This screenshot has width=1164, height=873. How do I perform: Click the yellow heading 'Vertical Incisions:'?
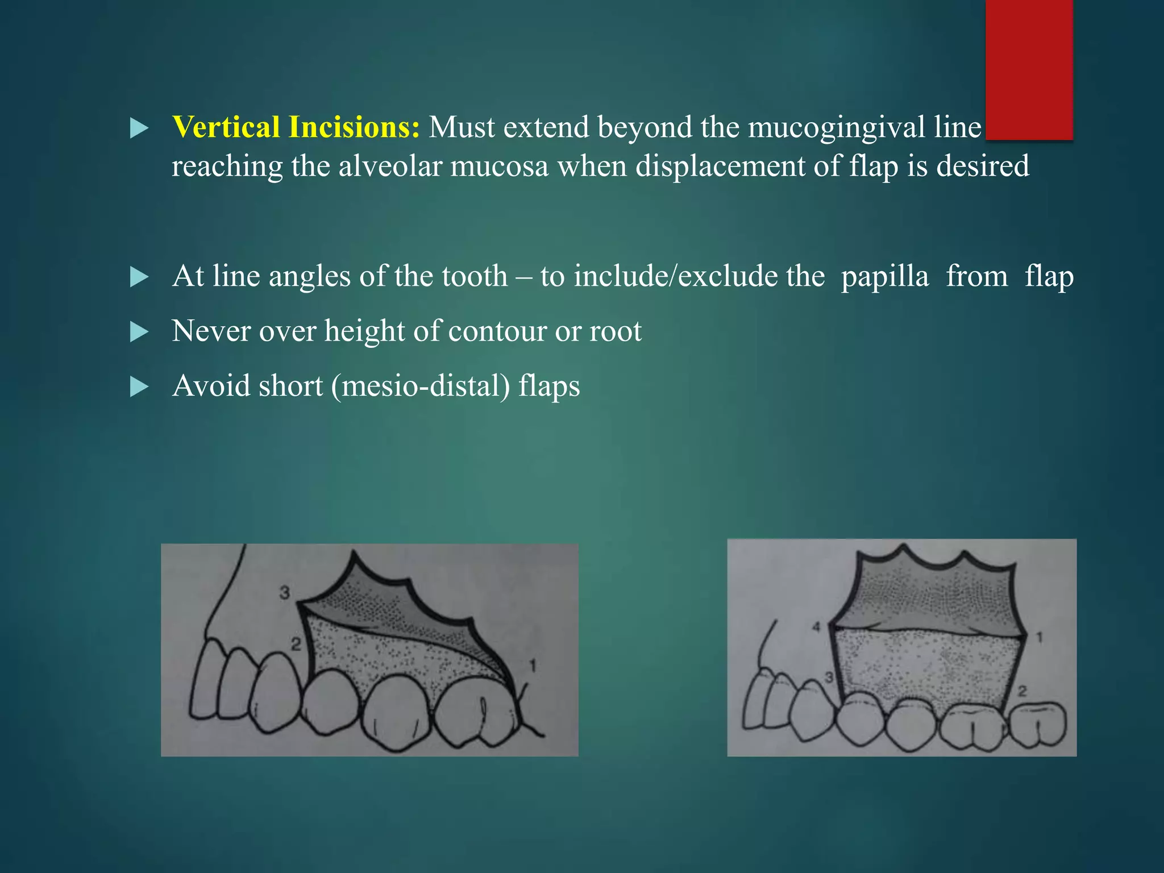(x=296, y=127)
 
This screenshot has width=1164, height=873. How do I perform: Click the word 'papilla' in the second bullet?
(x=885, y=277)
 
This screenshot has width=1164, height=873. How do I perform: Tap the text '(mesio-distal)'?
(x=421, y=386)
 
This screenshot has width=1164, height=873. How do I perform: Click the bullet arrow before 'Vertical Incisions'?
(x=139, y=128)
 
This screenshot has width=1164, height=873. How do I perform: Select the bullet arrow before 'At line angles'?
(x=139, y=277)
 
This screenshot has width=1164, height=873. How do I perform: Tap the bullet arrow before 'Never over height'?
(x=139, y=332)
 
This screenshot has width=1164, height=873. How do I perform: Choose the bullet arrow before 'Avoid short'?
(x=139, y=387)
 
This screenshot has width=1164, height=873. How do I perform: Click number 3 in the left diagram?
(x=285, y=593)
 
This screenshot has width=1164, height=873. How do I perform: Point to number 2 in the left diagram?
(x=296, y=645)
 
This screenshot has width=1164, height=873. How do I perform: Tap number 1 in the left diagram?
(x=533, y=665)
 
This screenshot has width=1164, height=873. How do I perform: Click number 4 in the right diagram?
(x=817, y=627)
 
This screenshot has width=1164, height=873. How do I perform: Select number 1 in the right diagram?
(x=1039, y=638)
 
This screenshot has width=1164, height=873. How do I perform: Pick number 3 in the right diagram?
(x=829, y=677)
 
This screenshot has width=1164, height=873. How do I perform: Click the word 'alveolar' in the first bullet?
(x=390, y=167)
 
